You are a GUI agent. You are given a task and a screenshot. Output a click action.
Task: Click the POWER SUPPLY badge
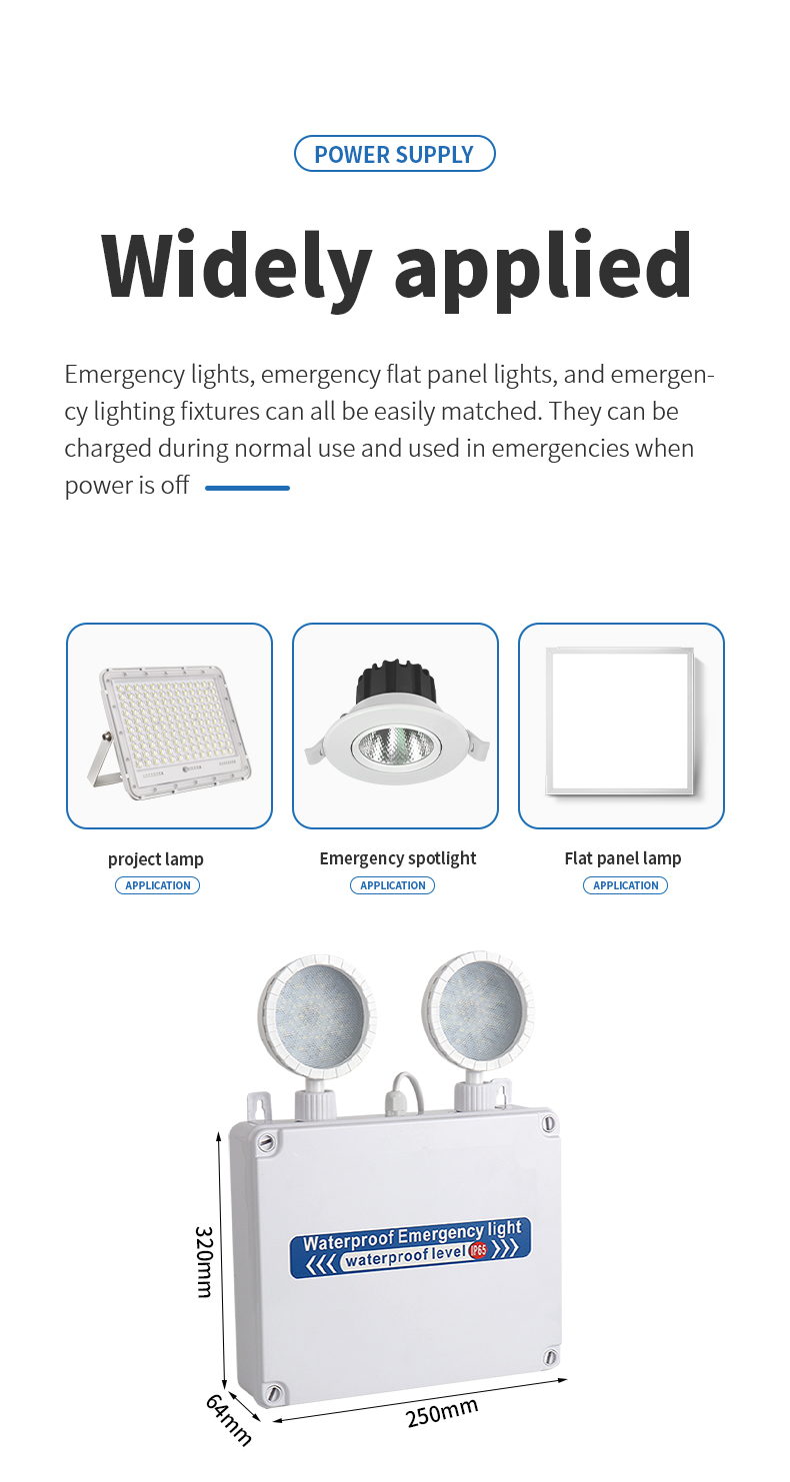[395, 154]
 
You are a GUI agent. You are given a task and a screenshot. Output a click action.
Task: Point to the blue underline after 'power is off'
[248, 489]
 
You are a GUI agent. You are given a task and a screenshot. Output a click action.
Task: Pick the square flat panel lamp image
[620, 722]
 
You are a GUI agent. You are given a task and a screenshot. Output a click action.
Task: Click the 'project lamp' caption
[156, 858]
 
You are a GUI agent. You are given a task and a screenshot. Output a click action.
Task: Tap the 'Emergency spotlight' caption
[398, 858]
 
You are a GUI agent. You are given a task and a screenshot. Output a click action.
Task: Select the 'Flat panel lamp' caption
[623, 858]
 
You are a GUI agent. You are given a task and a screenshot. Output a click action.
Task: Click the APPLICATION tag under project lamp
[158, 885]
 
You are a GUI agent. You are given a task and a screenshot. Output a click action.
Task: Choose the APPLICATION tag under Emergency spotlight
[393, 885]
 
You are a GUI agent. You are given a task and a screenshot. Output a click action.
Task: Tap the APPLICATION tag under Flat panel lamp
[626, 885]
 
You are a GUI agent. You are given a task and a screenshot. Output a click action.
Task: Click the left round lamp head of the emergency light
[317, 1016]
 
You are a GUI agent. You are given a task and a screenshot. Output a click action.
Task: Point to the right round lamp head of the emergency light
[478, 1010]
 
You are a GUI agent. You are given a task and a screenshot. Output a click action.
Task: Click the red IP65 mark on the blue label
[478, 1250]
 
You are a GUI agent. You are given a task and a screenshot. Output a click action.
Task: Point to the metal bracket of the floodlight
[106, 760]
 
